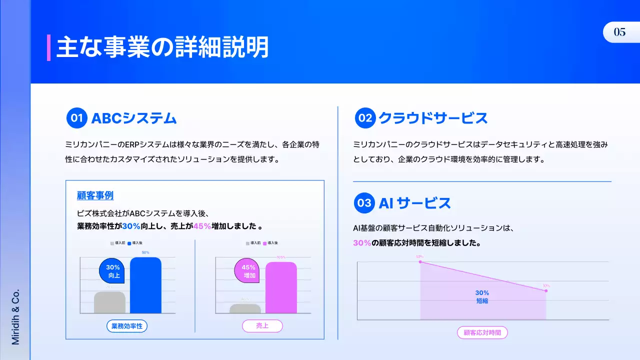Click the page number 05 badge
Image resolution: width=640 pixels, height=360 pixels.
coord(620,32)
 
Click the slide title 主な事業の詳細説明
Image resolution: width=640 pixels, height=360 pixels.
coord(162,47)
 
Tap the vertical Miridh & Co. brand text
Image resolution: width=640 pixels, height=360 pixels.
coord(15,316)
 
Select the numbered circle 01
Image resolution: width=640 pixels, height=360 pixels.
coord(76,118)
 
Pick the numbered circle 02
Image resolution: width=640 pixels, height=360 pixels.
coord(365,118)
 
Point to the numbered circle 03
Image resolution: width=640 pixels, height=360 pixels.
coord(364,203)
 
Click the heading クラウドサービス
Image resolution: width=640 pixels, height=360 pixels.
coord(433,118)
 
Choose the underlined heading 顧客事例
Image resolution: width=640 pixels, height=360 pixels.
coord(95,195)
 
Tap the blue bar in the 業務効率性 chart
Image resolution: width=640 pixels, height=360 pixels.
coord(145,285)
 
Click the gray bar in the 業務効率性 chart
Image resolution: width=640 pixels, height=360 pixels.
coord(109,302)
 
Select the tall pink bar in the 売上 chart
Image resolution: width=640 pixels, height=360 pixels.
coord(281,288)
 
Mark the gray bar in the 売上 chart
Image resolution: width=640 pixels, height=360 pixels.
coord(245,308)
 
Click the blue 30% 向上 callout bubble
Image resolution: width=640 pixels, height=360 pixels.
coord(113,271)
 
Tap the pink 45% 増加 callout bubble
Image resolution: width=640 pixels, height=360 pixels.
coord(248,271)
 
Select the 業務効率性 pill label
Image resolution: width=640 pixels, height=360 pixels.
coord(127,326)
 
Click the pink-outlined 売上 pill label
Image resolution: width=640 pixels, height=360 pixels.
coord(262,326)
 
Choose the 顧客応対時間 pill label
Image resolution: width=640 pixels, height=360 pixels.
coord(482,332)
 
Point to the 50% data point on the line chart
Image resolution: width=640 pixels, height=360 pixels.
coord(420,261)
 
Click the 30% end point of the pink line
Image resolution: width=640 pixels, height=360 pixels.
coord(546,290)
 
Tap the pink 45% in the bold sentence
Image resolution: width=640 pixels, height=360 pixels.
coord(202,226)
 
